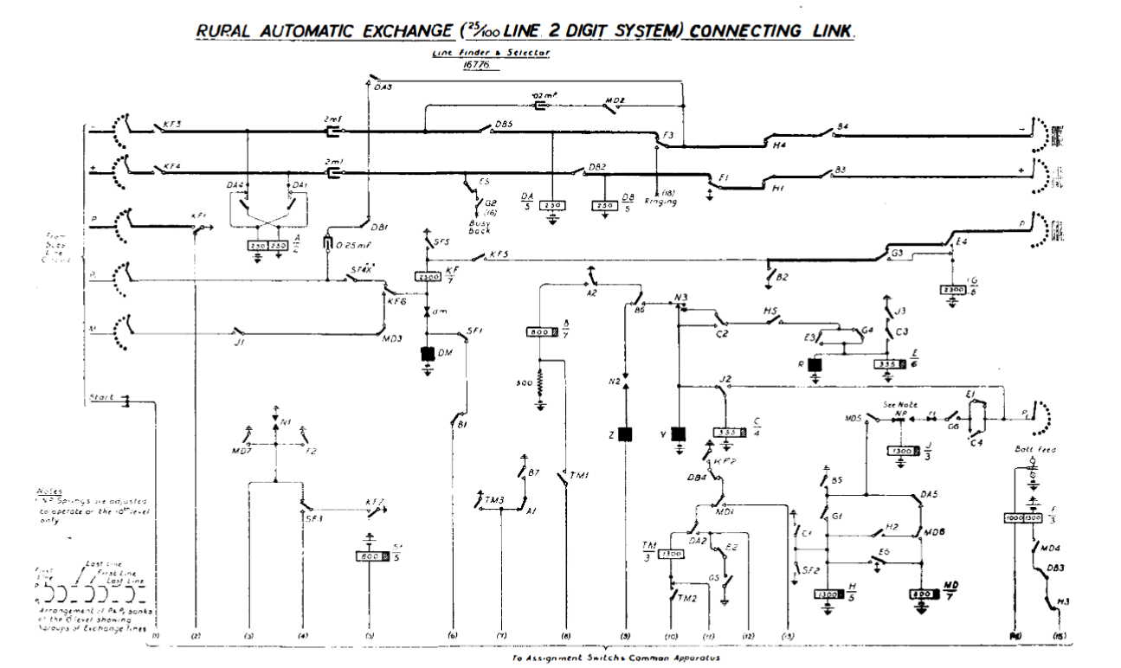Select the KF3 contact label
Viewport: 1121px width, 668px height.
(x=172, y=125)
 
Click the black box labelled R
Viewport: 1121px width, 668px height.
(x=814, y=365)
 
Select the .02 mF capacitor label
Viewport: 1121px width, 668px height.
(x=544, y=94)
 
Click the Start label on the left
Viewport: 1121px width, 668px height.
(x=103, y=398)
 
